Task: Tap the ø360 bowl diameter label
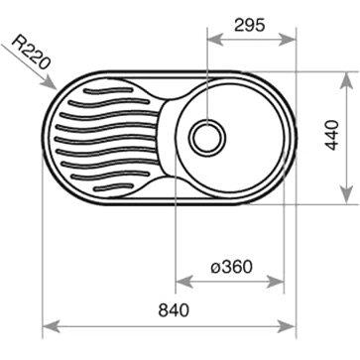[x=231, y=266]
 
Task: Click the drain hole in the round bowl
[x=208, y=135]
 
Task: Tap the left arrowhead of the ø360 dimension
[x=179, y=281]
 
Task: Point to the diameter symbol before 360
[x=215, y=266]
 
